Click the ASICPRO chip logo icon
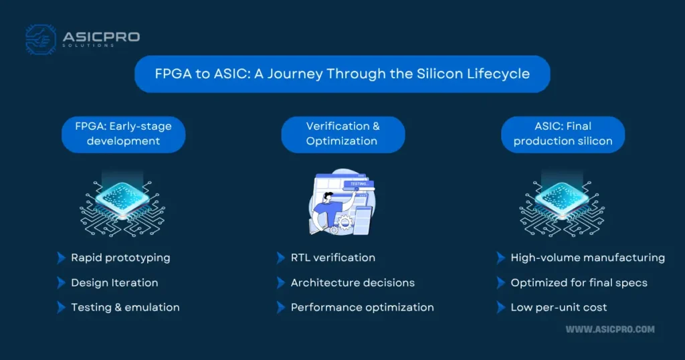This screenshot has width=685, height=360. (41, 39)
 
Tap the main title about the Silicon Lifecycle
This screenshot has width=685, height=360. (342, 74)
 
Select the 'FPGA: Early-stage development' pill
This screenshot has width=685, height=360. (123, 134)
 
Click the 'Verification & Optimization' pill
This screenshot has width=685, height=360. (343, 134)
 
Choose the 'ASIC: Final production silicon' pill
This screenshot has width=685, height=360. (563, 134)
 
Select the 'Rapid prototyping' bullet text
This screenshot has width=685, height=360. (120, 258)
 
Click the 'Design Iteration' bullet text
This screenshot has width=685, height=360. (114, 282)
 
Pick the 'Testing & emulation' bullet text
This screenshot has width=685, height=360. (125, 307)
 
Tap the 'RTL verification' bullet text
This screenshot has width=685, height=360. (333, 258)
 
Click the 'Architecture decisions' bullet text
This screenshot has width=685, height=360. (353, 282)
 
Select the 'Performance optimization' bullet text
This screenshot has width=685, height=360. (362, 308)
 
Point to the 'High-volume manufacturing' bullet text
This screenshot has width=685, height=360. (587, 258)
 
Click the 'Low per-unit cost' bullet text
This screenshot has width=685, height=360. (559, 308)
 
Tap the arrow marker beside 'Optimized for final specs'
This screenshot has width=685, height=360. (500, 282)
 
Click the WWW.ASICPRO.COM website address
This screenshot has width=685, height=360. (610, 329)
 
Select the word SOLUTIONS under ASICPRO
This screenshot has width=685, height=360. (88, 46)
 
